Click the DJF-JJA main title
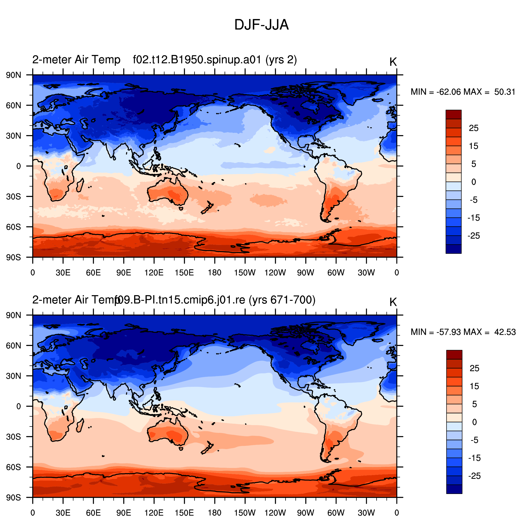261,25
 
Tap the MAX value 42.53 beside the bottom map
505,332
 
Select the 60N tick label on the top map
13,105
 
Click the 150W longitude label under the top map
245,273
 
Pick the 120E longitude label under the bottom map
154,513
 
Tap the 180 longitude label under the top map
214,273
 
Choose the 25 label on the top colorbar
474,128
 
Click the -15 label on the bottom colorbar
474,458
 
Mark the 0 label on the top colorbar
474,182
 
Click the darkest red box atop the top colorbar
454,114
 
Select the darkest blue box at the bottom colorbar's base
454,489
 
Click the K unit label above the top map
393,62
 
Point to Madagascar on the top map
80,185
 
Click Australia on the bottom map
167,433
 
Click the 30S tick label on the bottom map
13,437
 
